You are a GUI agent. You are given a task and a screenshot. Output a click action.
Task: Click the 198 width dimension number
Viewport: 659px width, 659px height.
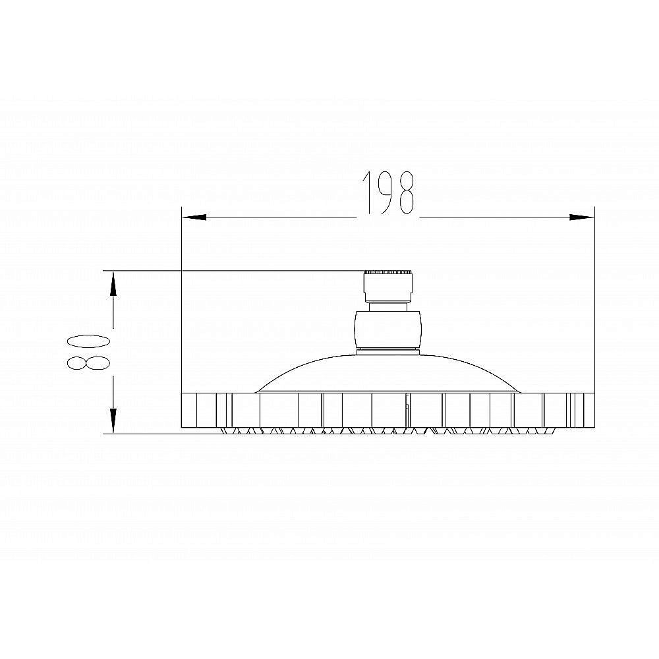(x=388, y=193)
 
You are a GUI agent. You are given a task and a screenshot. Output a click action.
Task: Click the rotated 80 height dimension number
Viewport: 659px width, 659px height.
(x=89, y=352)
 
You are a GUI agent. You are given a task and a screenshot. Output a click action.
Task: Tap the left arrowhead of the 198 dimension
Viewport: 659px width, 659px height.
(x=194, y=217)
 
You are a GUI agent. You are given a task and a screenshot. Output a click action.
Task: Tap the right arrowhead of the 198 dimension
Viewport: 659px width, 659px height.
(x=582, y=217)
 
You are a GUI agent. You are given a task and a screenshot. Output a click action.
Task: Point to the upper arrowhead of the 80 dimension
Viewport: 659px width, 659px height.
(x=113, y=284)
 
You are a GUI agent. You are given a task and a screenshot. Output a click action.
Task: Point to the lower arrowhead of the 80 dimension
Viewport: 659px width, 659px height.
(x=113, y=420)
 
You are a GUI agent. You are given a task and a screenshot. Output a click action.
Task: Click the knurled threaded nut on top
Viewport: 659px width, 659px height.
(x=388, y=287)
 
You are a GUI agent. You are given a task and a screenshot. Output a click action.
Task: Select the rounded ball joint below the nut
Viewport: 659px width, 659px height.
(x=387, y=329)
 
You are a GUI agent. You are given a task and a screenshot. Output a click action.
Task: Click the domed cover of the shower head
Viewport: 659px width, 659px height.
(x=387, y=374)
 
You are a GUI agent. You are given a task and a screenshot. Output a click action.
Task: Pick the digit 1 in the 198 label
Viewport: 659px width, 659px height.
(x=368, y=193)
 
